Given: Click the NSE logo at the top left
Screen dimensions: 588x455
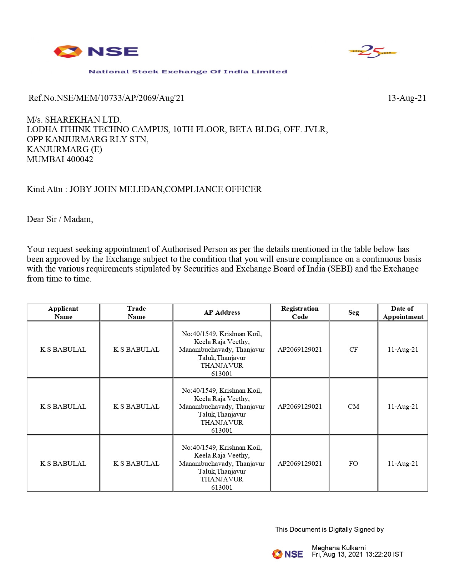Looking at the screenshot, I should click(96, 52).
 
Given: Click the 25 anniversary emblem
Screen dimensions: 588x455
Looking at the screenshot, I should click(373, 52).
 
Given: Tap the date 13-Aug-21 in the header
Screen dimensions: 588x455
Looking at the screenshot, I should click(406, 98).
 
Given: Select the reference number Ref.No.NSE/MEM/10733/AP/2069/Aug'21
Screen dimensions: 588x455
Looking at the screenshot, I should click(106, 98).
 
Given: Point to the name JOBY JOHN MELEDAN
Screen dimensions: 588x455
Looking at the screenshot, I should click(116, 189).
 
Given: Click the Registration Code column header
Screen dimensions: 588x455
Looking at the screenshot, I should click(300, 313).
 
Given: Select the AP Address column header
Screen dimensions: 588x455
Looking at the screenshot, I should click(222, 313).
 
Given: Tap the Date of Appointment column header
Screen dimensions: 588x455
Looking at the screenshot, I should click(403, 313).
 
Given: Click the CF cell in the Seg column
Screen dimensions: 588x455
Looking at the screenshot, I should click(353, 350).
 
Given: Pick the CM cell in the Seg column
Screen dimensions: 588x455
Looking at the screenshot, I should click(353, 407).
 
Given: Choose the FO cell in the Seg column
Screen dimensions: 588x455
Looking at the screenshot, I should click(353, 464).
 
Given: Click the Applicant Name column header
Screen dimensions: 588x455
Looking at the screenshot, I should click(63, 313).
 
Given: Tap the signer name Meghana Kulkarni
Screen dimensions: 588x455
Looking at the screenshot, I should click(339, 548).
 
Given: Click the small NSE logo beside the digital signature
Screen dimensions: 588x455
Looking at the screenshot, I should click(288, 554).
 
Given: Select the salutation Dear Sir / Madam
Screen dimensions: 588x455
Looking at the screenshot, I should click(60, 219).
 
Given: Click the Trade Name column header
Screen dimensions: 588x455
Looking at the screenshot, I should click(136, 313).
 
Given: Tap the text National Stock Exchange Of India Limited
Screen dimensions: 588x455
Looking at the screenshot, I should click(188, 72).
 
